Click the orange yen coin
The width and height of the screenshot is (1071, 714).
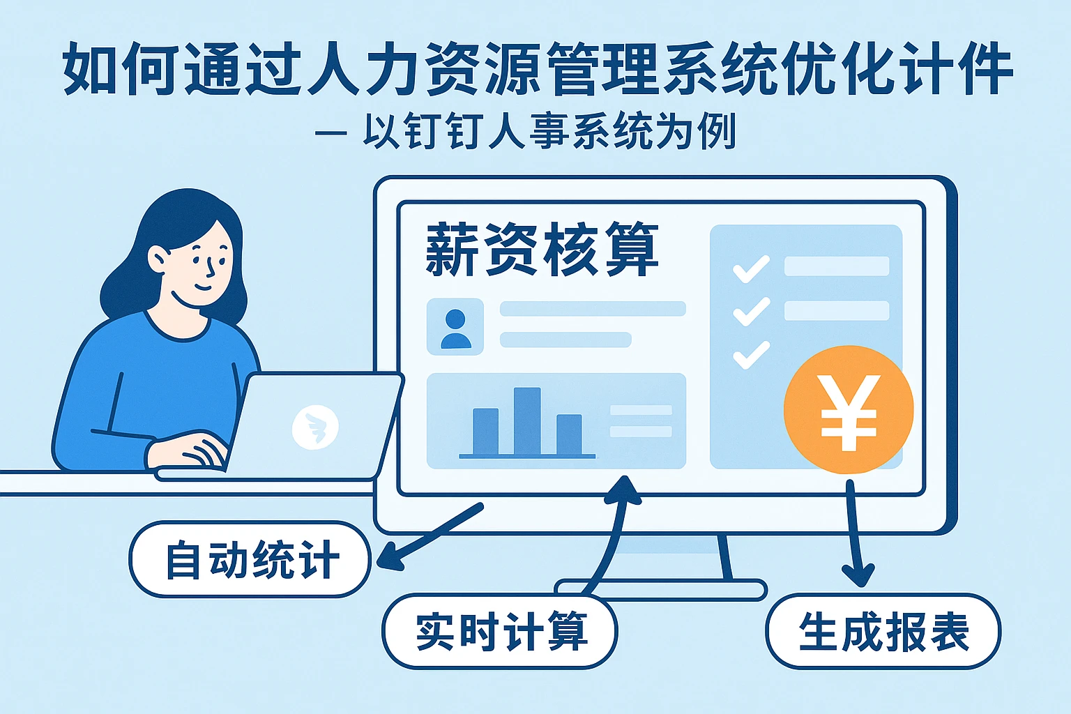(x=849, y=410)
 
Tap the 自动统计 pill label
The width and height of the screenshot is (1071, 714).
(x=250, y=559)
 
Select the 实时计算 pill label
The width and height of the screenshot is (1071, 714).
(x=500, y=632)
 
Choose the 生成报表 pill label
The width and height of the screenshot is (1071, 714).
(x=883, y=632)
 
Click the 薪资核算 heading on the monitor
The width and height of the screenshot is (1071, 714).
(x=542, y=250)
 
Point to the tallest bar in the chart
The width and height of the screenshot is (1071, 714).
(x=527, y=421)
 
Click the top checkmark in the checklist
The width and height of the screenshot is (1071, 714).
(x=751, y=269)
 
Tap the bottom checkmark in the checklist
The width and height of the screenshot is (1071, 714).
(x=751, y=355)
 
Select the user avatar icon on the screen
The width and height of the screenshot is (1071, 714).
(x=455, y=328)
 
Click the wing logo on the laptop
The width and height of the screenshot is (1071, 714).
(x=315, y=426)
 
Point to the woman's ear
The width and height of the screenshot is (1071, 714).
(x=158, y=260)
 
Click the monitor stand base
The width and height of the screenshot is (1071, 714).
(x=660, y=590)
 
